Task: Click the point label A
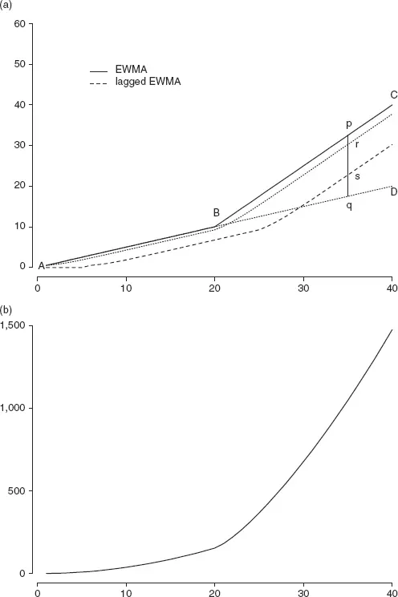(42, 266)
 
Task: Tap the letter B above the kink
(216, 213)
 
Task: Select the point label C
(394, 95)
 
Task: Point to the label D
(394, 192)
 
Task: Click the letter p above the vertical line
(349, 124)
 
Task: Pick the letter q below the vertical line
(349, 206)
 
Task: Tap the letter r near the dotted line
(357, 144)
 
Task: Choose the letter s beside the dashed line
(357, 176)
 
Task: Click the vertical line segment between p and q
(347, 166)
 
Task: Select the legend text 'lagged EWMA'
(148, 82)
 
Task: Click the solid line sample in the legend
(99, 71)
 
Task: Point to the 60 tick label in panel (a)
(19, 24)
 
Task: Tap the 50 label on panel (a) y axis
(19, 64)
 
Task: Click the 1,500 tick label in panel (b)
(13, 326)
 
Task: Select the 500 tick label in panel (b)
(17, 490)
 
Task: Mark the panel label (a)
(6, 6)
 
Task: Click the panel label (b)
(6, 310)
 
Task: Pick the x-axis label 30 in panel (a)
(303, 288)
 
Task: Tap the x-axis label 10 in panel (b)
(126, 593)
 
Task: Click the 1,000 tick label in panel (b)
(13, 408)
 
